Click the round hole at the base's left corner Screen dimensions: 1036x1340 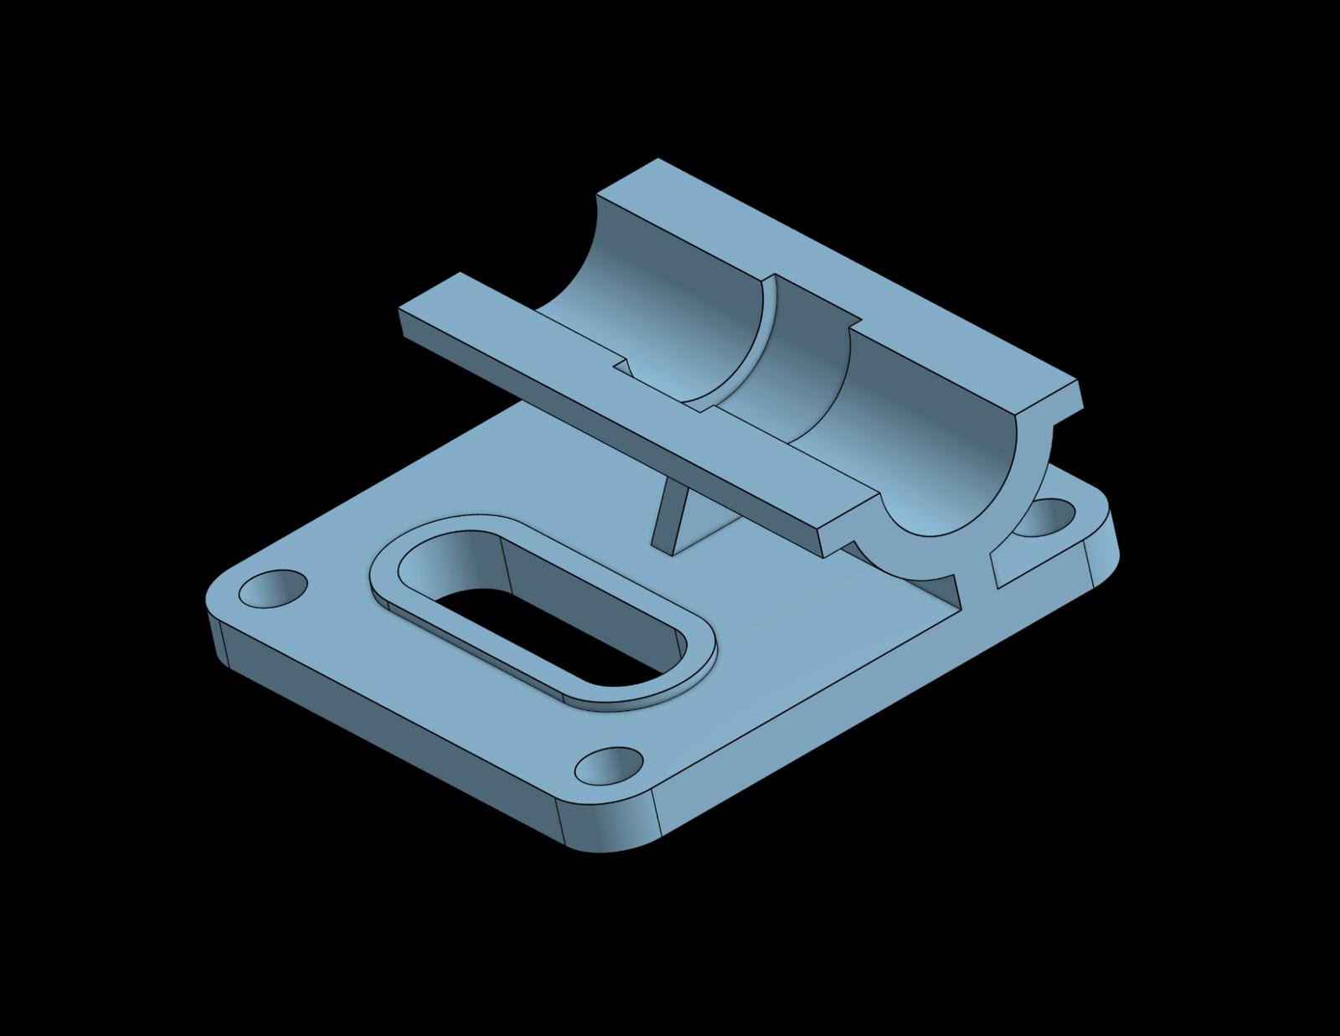(273, 590)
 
